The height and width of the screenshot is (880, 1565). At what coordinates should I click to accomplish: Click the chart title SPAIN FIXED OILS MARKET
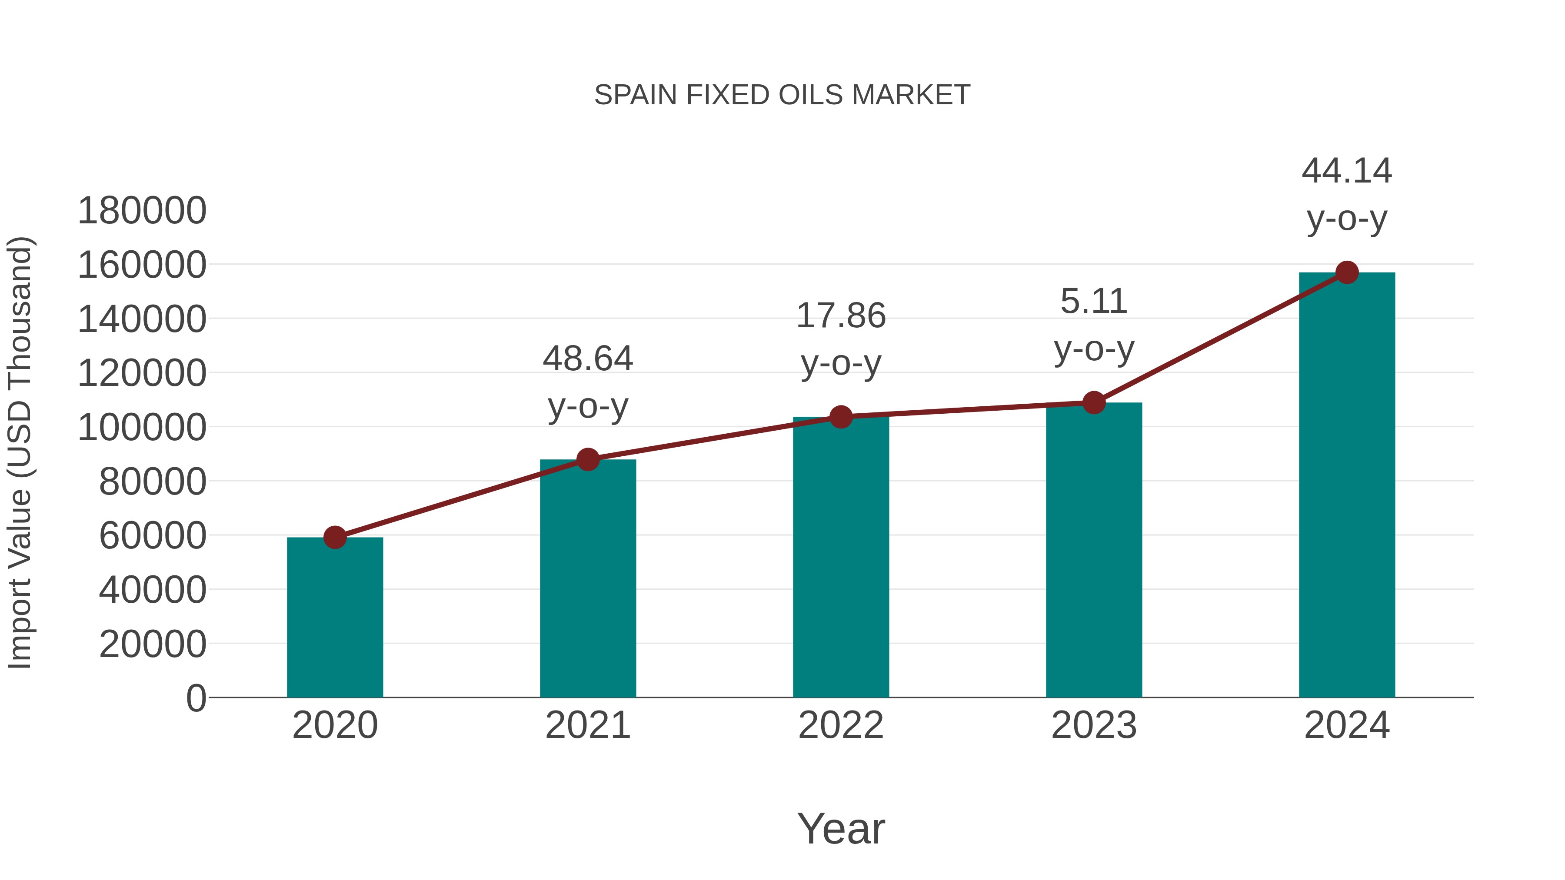click(782, 95)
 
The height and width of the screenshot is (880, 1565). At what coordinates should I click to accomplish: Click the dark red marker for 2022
click(841, 417)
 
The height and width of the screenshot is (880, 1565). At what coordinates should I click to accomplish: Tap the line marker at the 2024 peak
click(1347, 272)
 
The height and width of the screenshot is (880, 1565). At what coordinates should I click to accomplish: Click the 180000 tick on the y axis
click(142, 211)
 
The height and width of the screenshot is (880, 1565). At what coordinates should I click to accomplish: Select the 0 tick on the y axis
click(196, 698)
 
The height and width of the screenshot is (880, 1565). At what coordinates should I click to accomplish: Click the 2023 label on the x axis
click(1094, 725)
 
